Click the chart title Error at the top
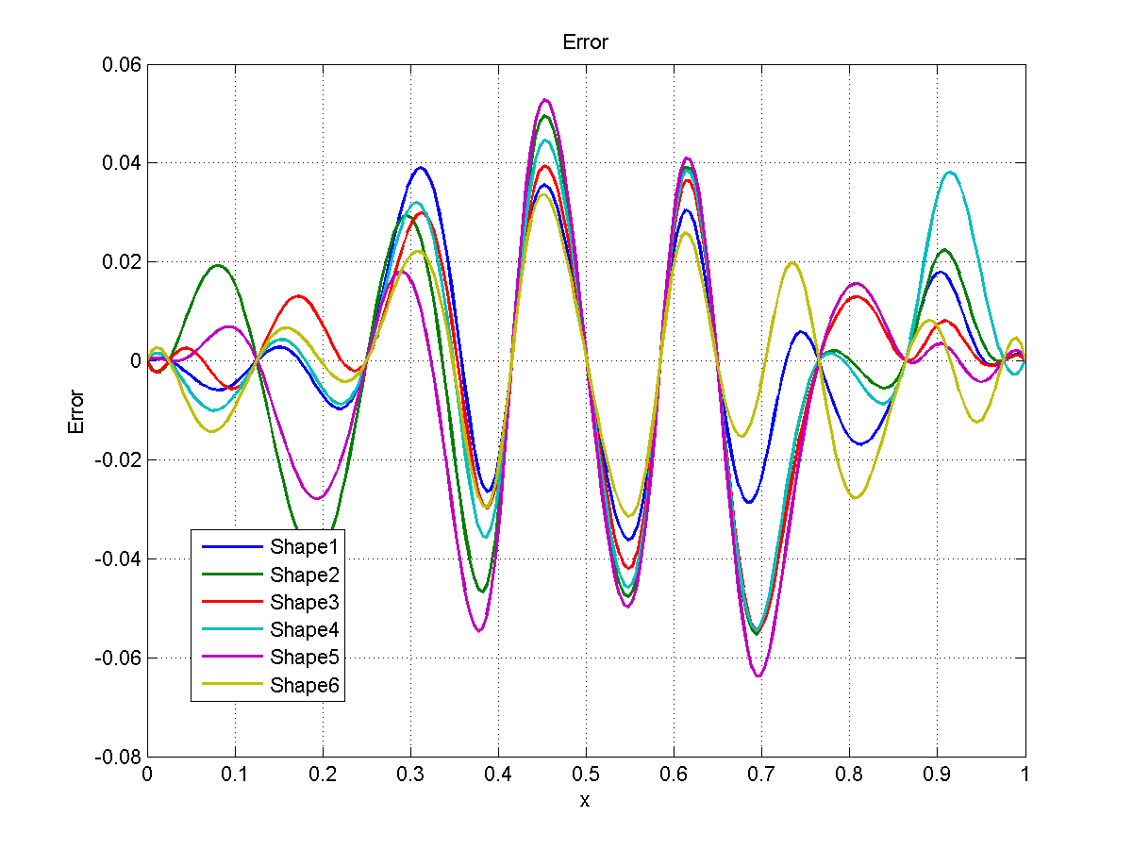585,42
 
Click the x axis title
585,801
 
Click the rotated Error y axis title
76,411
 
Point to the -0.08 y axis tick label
118,757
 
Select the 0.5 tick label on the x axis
586,775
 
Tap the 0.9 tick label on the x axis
937,775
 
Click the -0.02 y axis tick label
118,459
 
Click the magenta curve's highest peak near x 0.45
544,100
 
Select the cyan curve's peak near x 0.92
950,173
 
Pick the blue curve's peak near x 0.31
420,169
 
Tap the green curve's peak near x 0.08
218,266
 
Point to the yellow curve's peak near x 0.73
791,263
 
